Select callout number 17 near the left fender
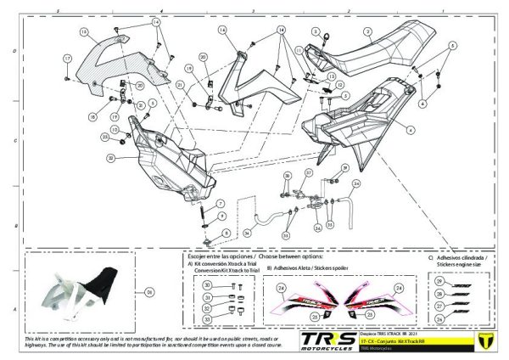click(66, 58)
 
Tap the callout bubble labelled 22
click(111, 158)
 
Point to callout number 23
click(104, 136)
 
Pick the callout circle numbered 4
click(411, 130)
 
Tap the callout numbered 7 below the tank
click(226, 232)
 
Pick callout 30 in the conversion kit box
click(207, 286)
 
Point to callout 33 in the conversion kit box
click(207, 318)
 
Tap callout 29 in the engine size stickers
click(439, 280)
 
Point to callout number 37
click(309, 173)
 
